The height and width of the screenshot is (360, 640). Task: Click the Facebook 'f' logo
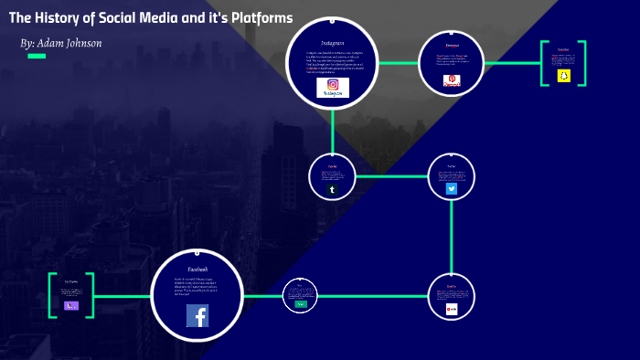197,315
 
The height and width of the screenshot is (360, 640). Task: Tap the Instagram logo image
333,88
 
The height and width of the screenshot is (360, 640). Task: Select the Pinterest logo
451,80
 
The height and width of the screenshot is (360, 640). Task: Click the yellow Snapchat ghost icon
563,76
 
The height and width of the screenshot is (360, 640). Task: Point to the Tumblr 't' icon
332,189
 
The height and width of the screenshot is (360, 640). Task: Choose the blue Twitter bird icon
451,189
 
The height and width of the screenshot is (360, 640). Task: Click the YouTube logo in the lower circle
451,310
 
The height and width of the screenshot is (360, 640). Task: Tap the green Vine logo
299,304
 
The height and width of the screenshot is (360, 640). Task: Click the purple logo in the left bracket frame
71,306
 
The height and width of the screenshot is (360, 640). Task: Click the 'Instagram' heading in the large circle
332,43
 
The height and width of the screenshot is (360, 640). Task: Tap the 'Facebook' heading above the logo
197,270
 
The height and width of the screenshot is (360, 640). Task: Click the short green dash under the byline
37,57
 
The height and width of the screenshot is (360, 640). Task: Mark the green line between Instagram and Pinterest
398,63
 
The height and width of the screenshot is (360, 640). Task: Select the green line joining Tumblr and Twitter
391,176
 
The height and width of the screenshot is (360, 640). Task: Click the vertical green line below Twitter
452,236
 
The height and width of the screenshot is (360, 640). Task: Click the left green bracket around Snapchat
542,63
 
